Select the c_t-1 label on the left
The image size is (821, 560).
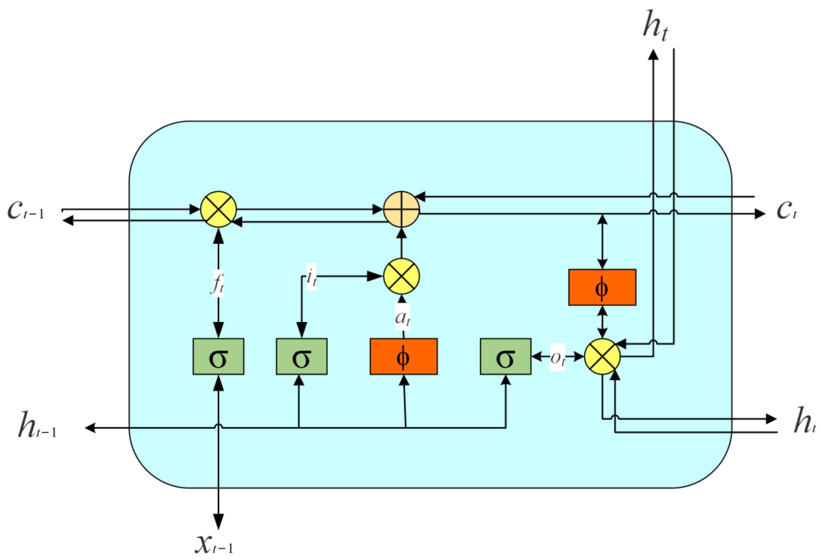coord(25,211)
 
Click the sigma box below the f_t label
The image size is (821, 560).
coord(218,357)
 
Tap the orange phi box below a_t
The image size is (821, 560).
coord(403,357)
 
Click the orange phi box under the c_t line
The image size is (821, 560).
coord(602,287)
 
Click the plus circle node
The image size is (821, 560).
coord(401,209)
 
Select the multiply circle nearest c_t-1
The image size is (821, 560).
coord(218,209)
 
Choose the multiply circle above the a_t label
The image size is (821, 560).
coord(401,276)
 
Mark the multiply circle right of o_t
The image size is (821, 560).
coord(602,357)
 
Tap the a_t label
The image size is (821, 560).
coord(402,318)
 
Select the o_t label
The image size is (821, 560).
coord(557,358)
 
